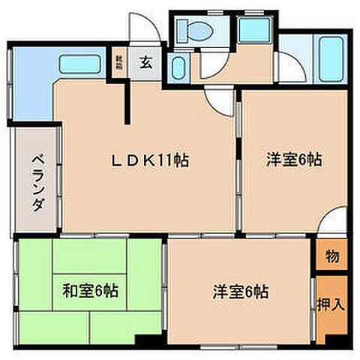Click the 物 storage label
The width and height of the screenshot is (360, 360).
(331, 256)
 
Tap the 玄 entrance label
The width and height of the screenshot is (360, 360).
(146, 63)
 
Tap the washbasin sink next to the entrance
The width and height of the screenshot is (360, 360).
(178, 70)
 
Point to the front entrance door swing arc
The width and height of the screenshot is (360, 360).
(144, 30)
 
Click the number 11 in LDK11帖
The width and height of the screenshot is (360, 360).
(164, 160)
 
